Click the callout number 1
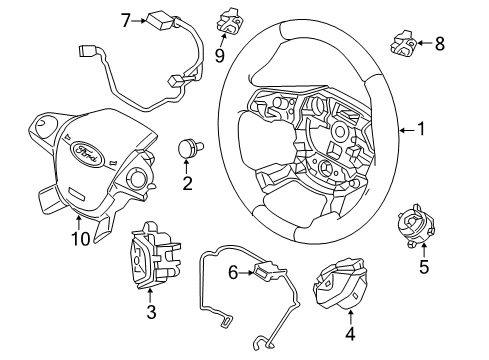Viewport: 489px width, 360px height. tap(422, 129)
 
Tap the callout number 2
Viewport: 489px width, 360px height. tap(187, 183)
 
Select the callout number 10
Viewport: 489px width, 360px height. tap(81, 238)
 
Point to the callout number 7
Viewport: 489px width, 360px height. tap(126, 21)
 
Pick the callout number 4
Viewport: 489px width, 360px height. tap(350, 334)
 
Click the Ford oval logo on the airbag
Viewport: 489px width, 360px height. tap(85, 152)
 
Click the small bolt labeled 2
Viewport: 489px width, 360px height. tap(190, 148)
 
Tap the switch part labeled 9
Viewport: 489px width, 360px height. tap(229, 21)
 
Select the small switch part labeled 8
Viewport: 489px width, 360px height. tap(404, 43)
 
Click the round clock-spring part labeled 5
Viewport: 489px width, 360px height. tap(416, 227)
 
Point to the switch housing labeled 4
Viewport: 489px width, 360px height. tap(339, 282)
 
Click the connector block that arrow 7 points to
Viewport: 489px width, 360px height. tap(160, 20)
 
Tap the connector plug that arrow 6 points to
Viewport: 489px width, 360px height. tap(267, 270)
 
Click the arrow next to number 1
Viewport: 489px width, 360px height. tap(407, 130)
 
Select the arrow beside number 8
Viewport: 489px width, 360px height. tap(425, 43)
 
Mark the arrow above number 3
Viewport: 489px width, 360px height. tap(150, 296)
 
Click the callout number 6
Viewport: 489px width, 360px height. tap(233, 272)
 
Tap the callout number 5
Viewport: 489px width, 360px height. tap(424, 267)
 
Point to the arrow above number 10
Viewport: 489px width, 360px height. tap(79, 223)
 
